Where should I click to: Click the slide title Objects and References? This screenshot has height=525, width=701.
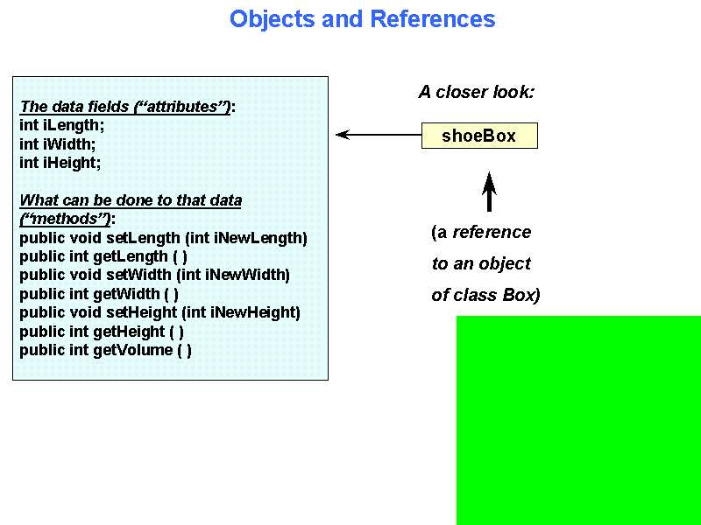[x=362, y=19]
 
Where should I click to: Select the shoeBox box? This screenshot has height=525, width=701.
[x=479, y=136]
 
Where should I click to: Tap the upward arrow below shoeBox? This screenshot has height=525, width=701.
[x=489, y=192]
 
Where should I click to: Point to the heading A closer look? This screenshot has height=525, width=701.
[x=476, y=92]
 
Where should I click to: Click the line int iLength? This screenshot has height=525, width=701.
[x=61, y=125]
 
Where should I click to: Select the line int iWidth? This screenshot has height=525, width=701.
[x=58, y=144]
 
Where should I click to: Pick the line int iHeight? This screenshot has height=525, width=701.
[x=60, y=163]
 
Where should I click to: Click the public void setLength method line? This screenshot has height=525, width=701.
[x=163, y=238]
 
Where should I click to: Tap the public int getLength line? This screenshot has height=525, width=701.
[x=103, y=256]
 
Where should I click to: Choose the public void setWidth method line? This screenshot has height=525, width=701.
[x=154, y=275]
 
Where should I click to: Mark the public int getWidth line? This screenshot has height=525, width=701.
[x=99, y=294]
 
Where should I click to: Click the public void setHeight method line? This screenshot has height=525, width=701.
[x=159, y=312]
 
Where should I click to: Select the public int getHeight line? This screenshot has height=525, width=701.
[x=102, y=332]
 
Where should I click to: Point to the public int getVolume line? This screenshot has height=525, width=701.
[x=105, y=350]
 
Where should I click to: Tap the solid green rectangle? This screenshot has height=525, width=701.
[x=578, y=420]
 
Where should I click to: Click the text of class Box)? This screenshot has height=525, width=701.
[x=485, y=295]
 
